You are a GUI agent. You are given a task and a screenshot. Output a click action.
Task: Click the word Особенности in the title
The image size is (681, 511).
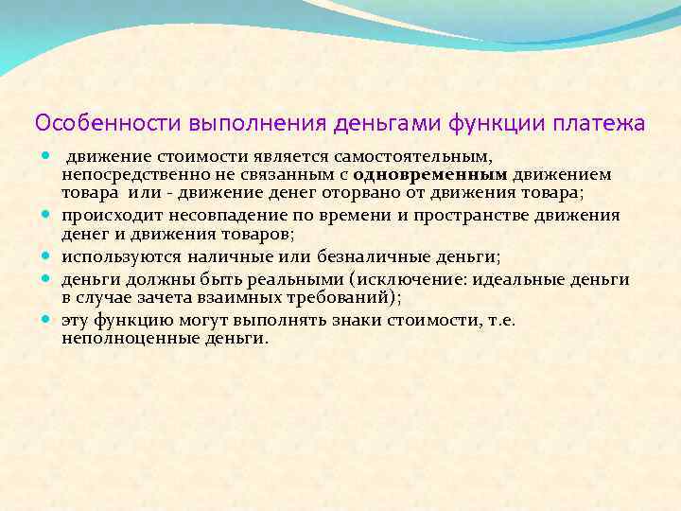109,124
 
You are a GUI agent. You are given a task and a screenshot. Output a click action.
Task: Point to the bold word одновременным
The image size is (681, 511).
430,175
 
